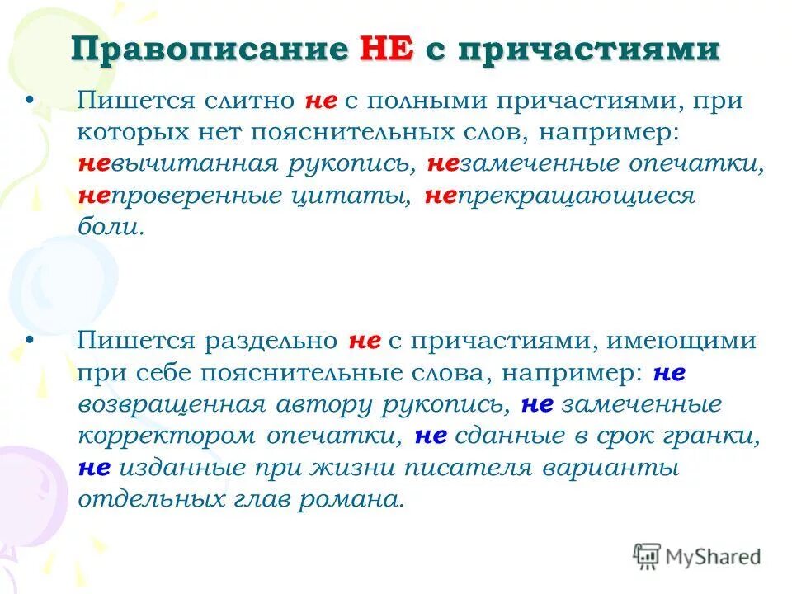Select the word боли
coord(111,228)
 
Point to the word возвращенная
coord(172,404)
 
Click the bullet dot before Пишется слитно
coord(31,101)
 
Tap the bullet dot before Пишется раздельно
coord(31,340)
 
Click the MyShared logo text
coord(713,557)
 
